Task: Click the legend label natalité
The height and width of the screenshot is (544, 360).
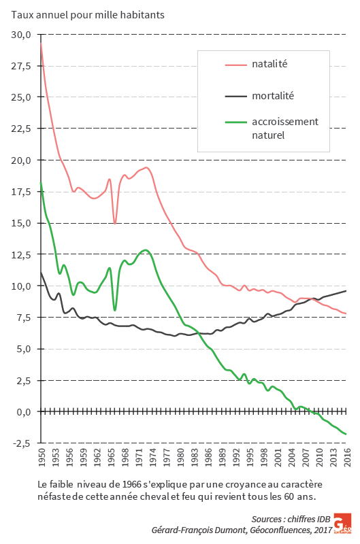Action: [269, 63]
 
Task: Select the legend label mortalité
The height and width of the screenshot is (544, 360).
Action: [273, 96]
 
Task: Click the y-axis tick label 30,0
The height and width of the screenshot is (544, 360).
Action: [20, 34]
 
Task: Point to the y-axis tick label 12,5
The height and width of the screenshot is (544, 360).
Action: [20, 255]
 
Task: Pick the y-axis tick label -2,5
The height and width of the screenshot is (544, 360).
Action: [20, 443]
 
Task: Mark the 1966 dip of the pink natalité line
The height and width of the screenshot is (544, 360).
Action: [115, 223]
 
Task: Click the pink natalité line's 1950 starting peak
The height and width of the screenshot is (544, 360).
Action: [41, 44]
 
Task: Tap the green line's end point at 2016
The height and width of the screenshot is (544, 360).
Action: [346, 434]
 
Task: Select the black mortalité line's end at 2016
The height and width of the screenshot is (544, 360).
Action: [346, 291]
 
